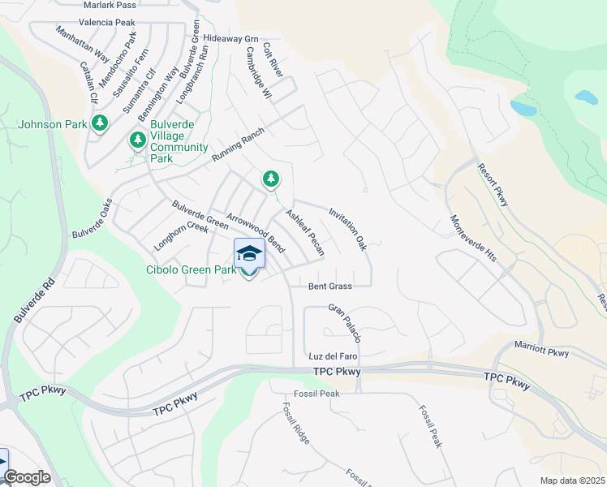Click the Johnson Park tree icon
[x=100, y=123]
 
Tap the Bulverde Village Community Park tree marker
[x=137, y=140]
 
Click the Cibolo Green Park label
[x=190, y=269]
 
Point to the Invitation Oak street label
[x=348, y=229]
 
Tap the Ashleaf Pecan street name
[x=304, y=232]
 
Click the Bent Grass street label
[x=329, y=287]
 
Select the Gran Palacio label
[x=345, y=322]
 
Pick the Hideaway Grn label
[x=230, y=38]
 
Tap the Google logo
[x=27, y=477]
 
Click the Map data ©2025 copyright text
[x=571, y=481]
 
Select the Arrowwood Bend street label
[x=255, y=231]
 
